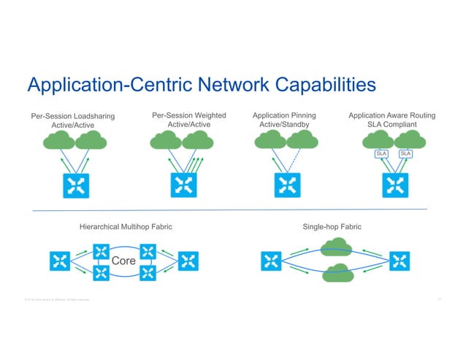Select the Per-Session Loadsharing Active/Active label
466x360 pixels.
point(73,120)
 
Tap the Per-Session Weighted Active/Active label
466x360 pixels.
point(188,120)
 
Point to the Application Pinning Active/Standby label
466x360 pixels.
point(284,120)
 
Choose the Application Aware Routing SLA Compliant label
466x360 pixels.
point(391,120)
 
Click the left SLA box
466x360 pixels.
point(381,153)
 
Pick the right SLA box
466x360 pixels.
point(405,153)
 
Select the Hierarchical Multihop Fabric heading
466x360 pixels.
point(126,228)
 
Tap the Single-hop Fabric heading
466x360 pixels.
point(332,228)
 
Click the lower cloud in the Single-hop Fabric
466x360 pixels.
point(337,272)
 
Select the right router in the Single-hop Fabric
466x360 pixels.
point(399,261)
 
